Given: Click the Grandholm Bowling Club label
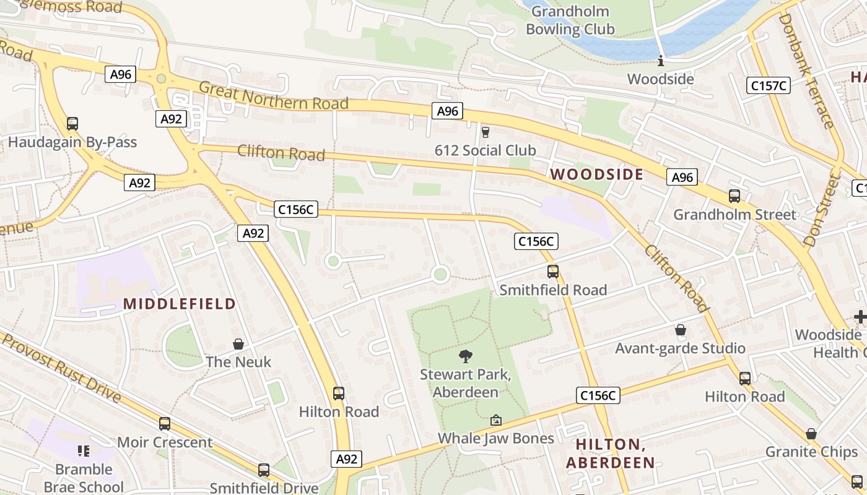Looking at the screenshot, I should pyautogui.click(x=570, y=20).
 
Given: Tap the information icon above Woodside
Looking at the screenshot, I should pyautogui.click(x=661, y=61).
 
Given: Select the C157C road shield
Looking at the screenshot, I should pyautogui.click(x=769, y=85).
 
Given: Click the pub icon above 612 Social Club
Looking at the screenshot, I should pyautogui.click(x=485, y=132).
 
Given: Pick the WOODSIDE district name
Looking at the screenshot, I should pyautogui.click(x=597, y=174).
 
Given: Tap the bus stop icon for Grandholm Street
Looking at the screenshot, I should pyautogui.click(x=734, y=196).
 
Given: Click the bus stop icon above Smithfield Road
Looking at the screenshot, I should pyautogui.click(x=552, y=272).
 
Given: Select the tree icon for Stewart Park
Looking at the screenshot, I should pyautogui.click(x=465, y=356).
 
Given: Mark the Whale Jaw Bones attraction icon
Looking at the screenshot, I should pyautogui.click(x=495, y=421).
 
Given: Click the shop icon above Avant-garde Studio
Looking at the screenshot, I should pyautogui.click(x=680, y=330).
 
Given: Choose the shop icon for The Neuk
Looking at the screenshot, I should pyautogui.click(x=238, y=344).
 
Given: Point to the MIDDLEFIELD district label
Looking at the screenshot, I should pyautogui.click(x=180, y=304).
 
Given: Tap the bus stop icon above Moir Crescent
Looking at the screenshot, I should pyautogui.click(x=164, y=424).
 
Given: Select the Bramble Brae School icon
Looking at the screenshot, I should pyautogui.click(x=84, y=451).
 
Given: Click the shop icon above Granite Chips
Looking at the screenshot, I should pyautogui.click(x=811, y=434).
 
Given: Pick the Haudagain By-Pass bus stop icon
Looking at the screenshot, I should pyautogui.click(x=72, y=124).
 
